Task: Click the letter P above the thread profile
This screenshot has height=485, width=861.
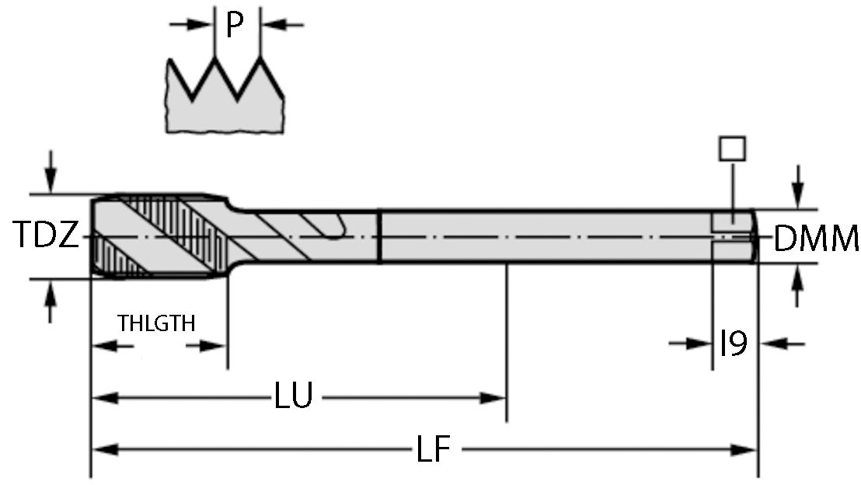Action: click(235, 25)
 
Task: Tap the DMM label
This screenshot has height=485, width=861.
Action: click(816, 239)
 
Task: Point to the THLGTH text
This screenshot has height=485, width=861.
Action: click(156, 323)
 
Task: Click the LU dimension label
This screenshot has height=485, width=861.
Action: click(293, 397)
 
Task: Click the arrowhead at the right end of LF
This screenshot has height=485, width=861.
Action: click(746, 449)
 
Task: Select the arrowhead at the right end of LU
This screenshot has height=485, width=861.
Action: click(495, 398)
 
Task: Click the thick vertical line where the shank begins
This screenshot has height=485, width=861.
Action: click(378, 236)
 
